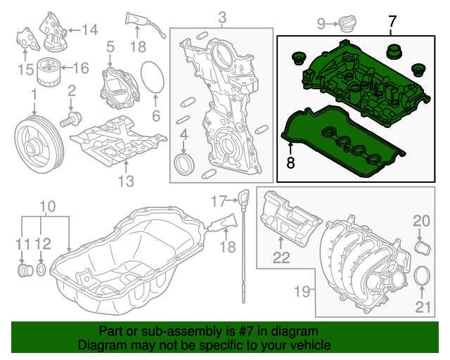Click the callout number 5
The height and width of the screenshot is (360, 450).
pos(110,46)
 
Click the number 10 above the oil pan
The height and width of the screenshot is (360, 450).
pos(47,206)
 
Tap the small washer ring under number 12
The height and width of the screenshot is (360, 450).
pos(41,269)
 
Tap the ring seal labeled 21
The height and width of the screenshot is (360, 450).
pos(422,278)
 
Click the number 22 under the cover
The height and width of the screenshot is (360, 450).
pos(281,257)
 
